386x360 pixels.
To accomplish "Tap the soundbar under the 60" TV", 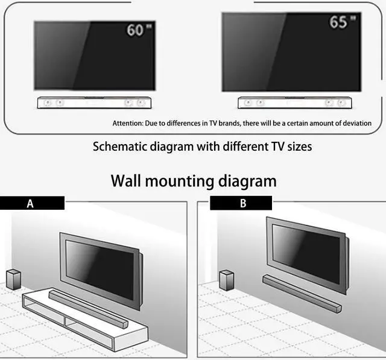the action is pos(94,103).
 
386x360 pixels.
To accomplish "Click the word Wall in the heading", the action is pos(128,180).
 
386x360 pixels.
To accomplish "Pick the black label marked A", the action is pos(32,203).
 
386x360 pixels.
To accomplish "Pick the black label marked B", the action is pos(241,203).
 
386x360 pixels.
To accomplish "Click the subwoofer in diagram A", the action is pos(14,280).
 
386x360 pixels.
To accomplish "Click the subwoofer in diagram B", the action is pos(227,280).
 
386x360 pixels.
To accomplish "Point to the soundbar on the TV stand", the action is pos(88,308).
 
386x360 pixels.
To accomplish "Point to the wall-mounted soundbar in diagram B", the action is pos(302,292).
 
